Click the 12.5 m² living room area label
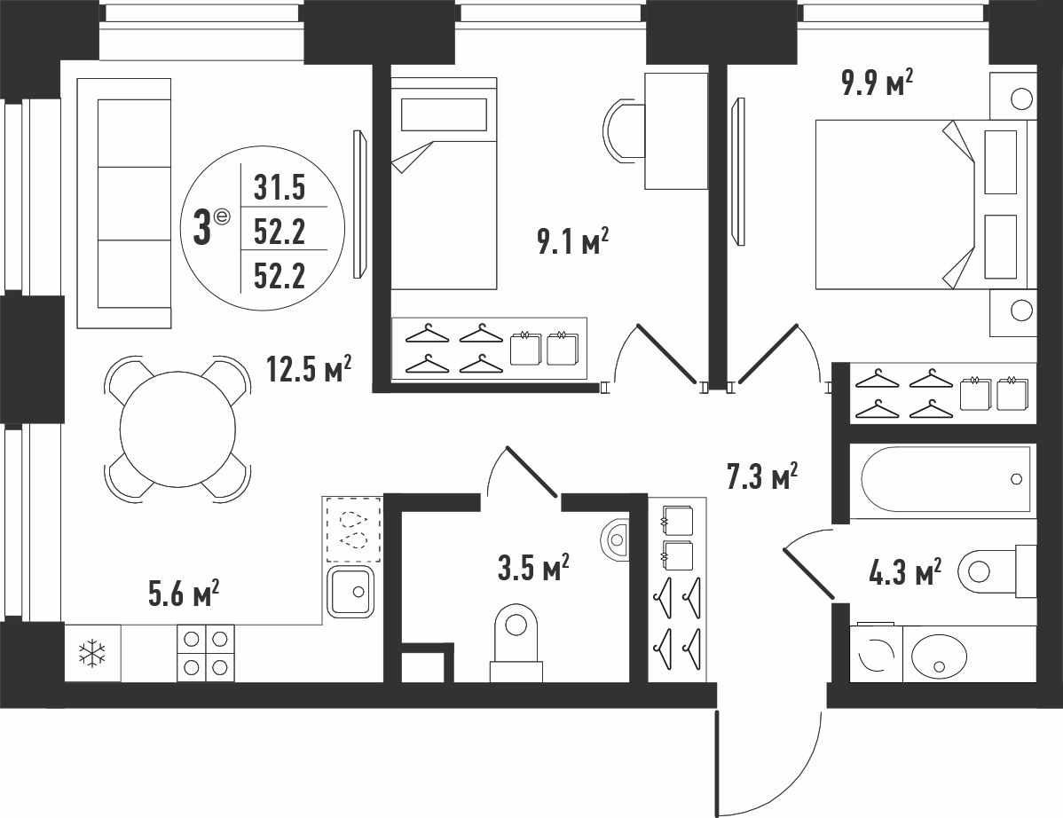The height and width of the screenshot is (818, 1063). point(309,370)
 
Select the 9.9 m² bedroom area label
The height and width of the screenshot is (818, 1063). point(878,83)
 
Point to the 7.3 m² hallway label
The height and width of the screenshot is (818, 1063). point(762,476)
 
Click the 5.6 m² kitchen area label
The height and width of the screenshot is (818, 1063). point(183,593)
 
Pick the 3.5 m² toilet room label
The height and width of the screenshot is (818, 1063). point(533,567)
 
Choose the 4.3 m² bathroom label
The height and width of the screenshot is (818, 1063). point(905,571)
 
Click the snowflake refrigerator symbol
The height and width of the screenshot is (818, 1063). point(92,653)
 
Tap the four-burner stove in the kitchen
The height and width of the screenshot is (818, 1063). point(206,653)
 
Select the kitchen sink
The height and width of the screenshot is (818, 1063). point(350,593)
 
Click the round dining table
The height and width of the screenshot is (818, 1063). point(177,429)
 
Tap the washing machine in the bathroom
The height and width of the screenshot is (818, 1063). point(877,653)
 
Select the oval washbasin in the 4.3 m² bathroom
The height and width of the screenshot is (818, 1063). point(939,656)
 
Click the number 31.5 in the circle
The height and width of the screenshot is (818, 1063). point(280,187)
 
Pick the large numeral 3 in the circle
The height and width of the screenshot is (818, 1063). point(201,228)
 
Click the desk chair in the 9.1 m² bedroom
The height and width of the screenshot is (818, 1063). point(622,130)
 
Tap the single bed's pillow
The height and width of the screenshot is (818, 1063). point(444,114)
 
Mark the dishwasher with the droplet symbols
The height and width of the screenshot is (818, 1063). point(353,530)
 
